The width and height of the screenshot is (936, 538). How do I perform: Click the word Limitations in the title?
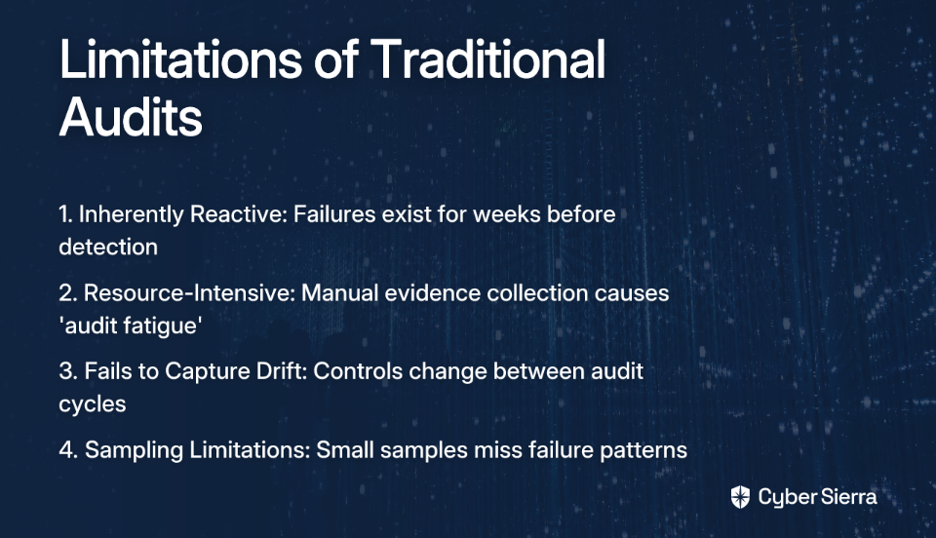180,58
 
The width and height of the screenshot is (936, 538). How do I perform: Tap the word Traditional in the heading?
487,58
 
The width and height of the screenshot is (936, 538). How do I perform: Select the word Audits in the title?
131,116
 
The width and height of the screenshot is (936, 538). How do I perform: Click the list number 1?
65,214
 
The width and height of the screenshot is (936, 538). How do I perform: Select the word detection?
108,247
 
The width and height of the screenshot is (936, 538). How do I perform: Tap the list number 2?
67,292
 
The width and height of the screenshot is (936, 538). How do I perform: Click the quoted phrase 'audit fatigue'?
130,326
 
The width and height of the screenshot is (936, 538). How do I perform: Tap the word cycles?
93,403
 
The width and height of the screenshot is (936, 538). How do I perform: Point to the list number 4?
68,449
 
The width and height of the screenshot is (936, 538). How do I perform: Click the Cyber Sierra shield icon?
740,497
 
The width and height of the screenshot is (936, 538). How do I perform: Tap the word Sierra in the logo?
848,497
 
